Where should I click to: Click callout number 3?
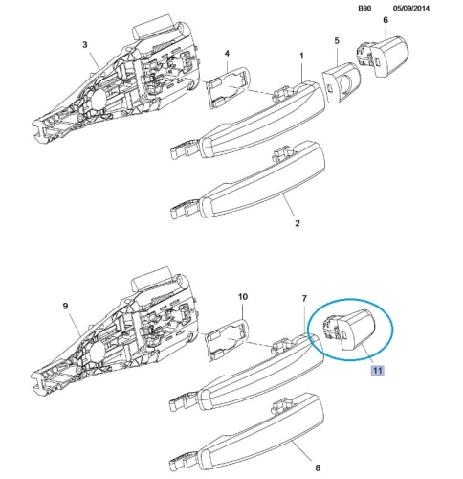pos(84,44)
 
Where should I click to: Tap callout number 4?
pos(227,53)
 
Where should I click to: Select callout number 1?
pos(301,56)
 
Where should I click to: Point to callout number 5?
pos(337,41)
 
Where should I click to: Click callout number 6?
pos(386,20)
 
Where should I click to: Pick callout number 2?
pos(298,223)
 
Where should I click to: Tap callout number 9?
pos(65,306)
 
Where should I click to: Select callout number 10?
pos(243,297)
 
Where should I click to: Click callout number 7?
pos(304,298)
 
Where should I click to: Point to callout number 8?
pos(318,468)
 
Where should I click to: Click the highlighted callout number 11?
pos(377,370)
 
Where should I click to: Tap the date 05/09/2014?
pos(411,8)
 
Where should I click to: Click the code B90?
pos(364,8)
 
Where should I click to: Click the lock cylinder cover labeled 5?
pos(342,83)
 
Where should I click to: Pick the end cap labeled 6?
pos(383,57)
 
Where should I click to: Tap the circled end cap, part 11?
pos(350,329)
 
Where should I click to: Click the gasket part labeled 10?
pos(228,340)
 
